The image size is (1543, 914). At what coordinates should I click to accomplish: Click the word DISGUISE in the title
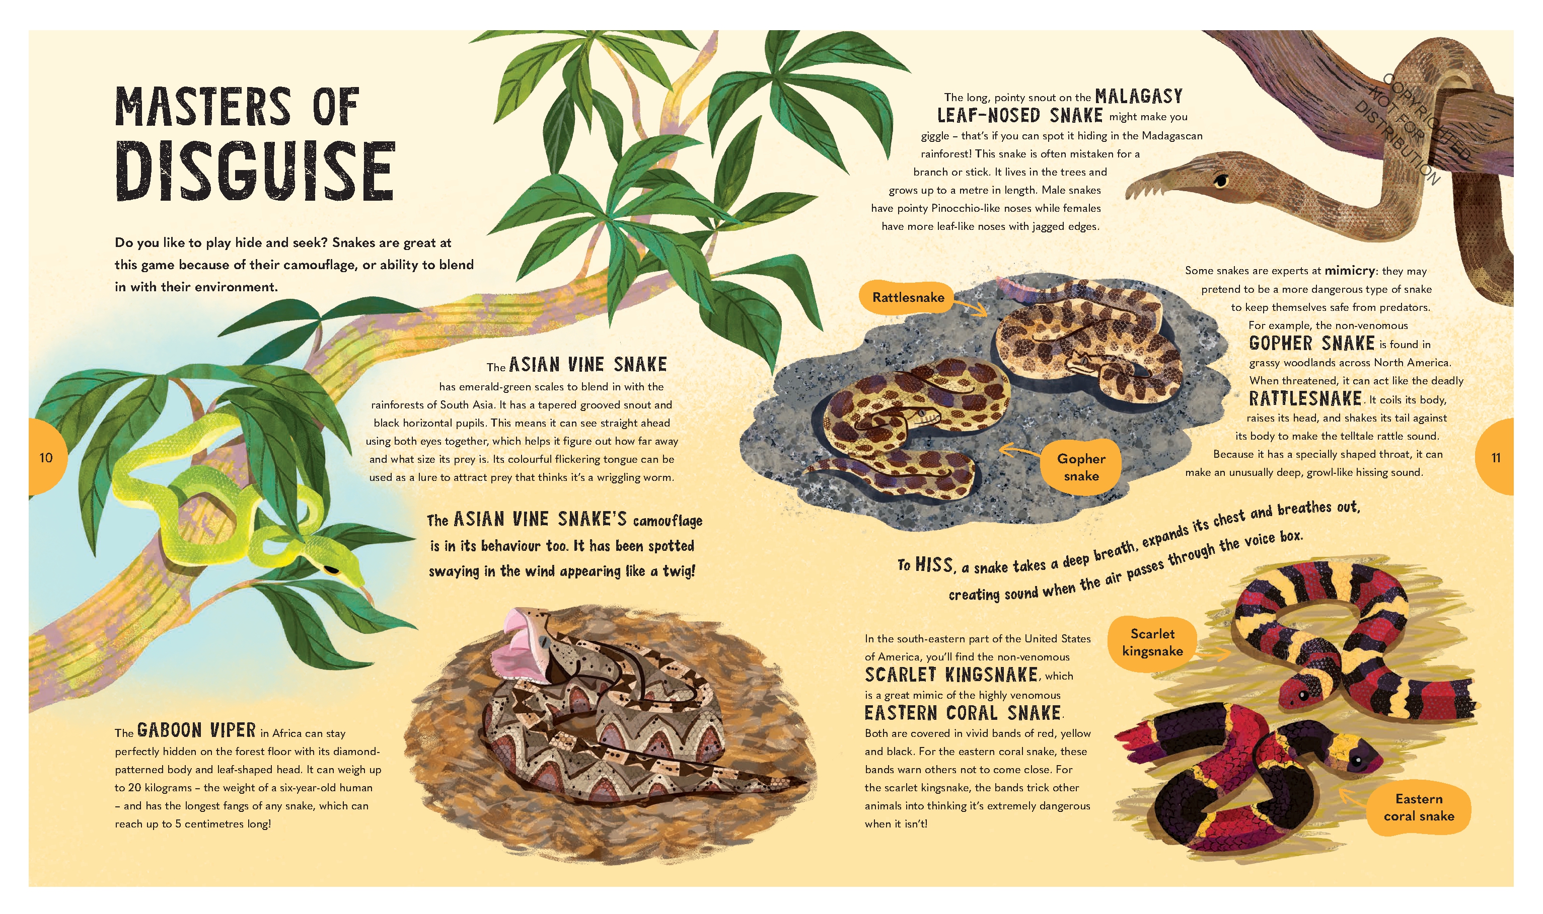pyautogui.click(x=255, y=171)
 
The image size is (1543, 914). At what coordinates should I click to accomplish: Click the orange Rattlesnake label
pyautogui.click(x=908, y=297)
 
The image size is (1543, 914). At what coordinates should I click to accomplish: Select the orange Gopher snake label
pyautogui.click(x=1081, y=467)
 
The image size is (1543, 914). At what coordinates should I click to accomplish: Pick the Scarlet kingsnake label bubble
pyautogui.click(x=1152, y=642)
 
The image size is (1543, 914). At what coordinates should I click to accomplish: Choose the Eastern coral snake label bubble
pyautogui.click(x=1419, y=807)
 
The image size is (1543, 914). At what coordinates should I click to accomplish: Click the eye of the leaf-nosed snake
pyautogui.click(x=1221, y=181)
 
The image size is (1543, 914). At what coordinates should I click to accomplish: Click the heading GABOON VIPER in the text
pyautogui.click(x=196, y=730)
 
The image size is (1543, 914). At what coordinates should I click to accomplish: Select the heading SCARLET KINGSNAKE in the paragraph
pyautogui.click(x=951, y=675)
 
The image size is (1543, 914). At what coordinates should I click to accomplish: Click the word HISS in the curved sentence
pyautogui.click(x=934, y=565)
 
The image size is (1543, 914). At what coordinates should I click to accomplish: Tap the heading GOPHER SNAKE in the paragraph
pyautogui.click(x=1312, y=344)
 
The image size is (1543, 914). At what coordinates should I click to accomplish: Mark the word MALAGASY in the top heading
pyautogui.click(x=1139, y=97)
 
